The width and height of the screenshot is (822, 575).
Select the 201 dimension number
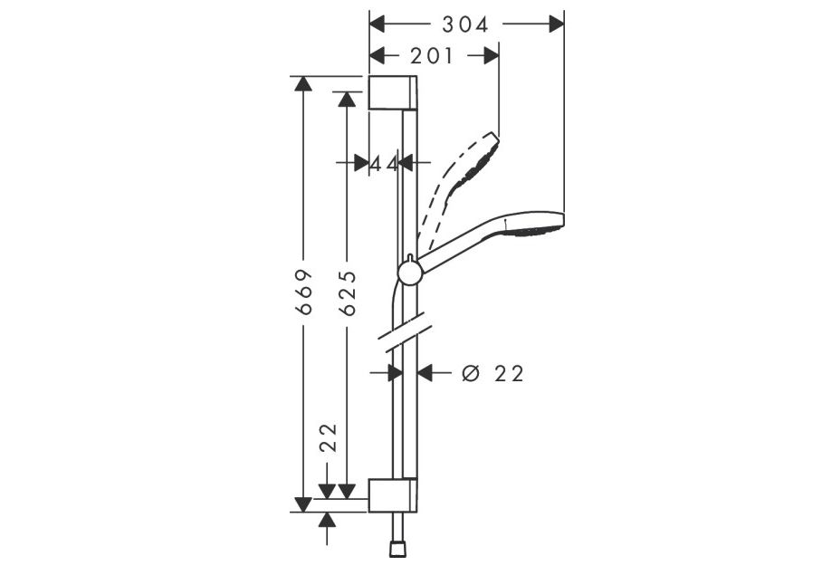pos(432,56)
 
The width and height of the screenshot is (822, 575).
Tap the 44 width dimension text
pos(385,163)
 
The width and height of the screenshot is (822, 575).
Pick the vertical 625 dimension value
pos(346,292)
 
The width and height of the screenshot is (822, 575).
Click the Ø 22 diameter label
pos(492,373)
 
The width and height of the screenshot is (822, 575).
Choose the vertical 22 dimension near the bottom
pos(328,436)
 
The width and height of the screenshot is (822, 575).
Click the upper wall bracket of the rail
pos(393,93)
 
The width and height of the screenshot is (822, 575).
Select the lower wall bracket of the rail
pos(393,495)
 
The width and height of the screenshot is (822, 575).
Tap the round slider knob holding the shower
pos(410,272)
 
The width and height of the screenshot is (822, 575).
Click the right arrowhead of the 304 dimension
pos(556,24)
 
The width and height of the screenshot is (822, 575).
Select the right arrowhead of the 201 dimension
pos(491,56)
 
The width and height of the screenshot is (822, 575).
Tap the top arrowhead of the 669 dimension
pos(303,84)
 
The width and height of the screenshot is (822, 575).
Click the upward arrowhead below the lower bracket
pos(328,520)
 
